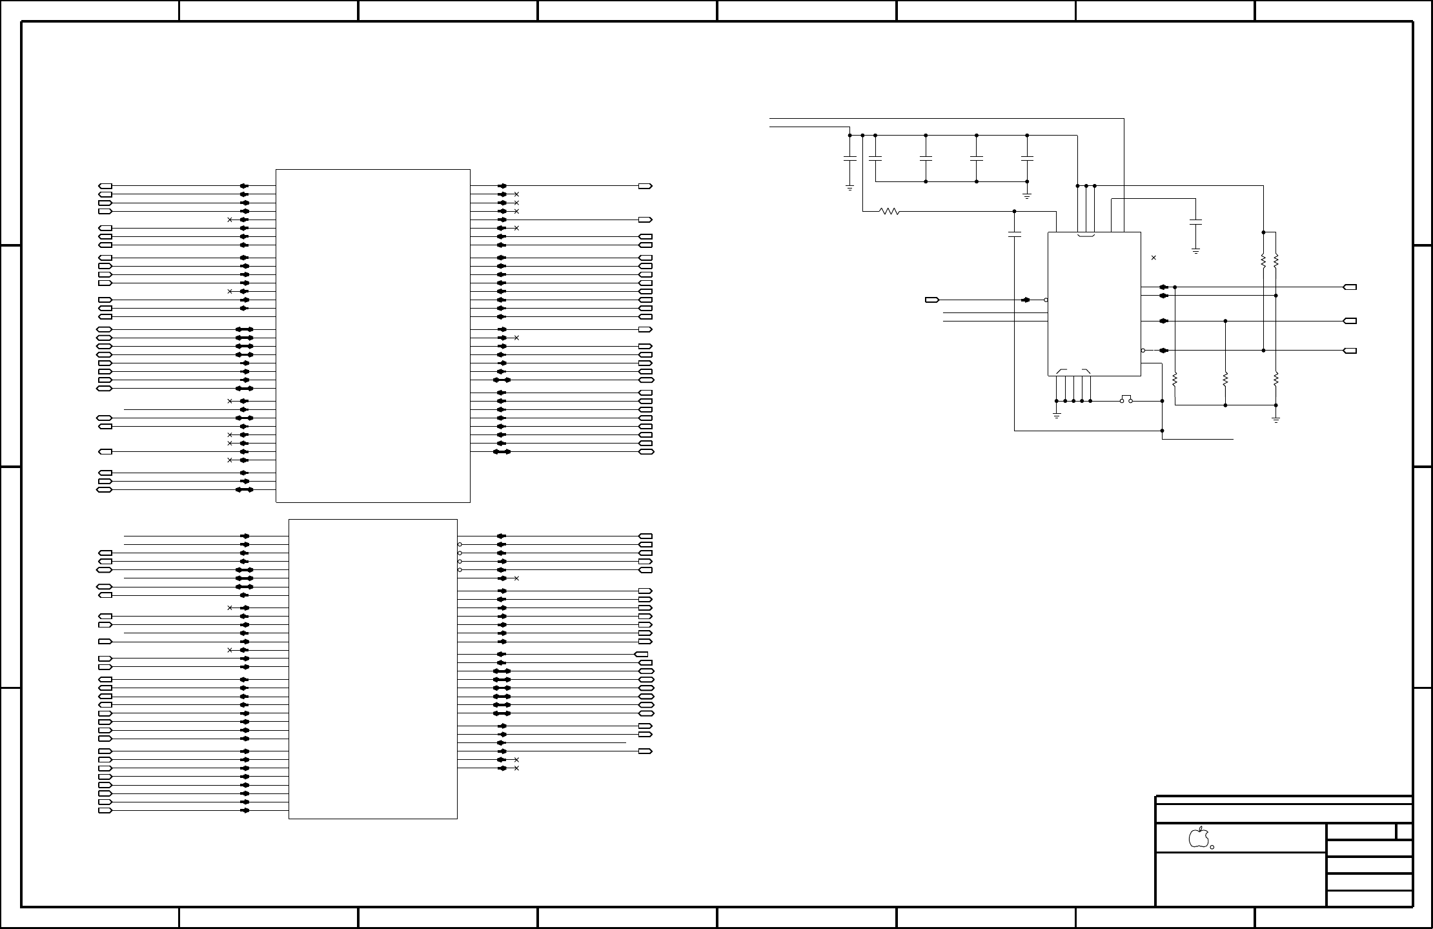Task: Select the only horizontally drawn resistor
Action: click(x=889, y=211)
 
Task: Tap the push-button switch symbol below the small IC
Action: click(x=1126, y=400)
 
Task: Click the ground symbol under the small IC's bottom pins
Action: click(x=1057, y=414)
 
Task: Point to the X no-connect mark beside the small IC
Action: click(x=1154, y=258)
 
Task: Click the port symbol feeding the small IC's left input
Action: click(x=931, y=300)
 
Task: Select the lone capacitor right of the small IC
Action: click(x=1195, y=223)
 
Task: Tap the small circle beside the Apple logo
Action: click(x=1212, y=847)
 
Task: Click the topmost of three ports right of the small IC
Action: click(x=1350, y=287)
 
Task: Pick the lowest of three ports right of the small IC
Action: click(x=1350, y=351)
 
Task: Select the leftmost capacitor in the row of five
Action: click(x=850, y=158)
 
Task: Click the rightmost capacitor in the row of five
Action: click(x=1027, y=158)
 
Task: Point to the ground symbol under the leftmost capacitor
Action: click(x=850, y=188)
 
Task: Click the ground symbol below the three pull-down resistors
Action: click(x=1276, y=419)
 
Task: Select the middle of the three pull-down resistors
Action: click(x=1225, y=380)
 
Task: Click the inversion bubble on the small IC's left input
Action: click(x=1046, y=300)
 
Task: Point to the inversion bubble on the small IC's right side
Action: click(x=1143, y=351)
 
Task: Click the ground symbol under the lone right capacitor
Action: click(x=1195, y=250)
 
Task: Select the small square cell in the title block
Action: click(x=1404, y=832)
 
